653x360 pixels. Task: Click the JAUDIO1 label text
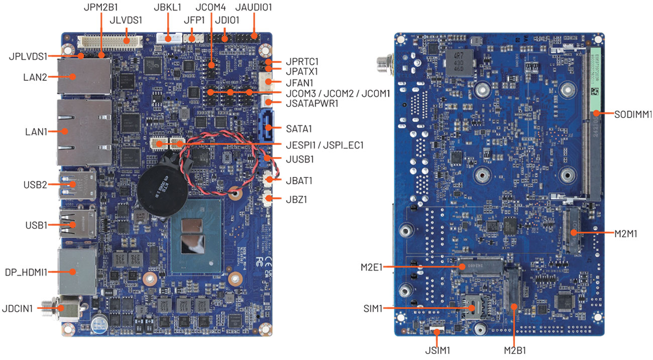coord(254,8)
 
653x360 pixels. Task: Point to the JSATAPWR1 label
coord(311,103)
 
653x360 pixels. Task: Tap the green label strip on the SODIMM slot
coord(596,80)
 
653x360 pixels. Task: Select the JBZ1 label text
coord(296,199)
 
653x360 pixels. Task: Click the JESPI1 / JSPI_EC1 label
coord(324,145)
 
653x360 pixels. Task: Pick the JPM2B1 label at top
coord(100,8)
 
